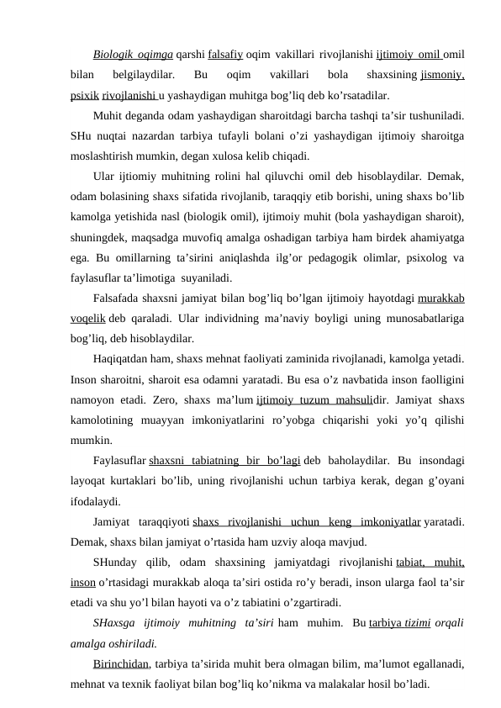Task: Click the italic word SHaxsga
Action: coord(113,624)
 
